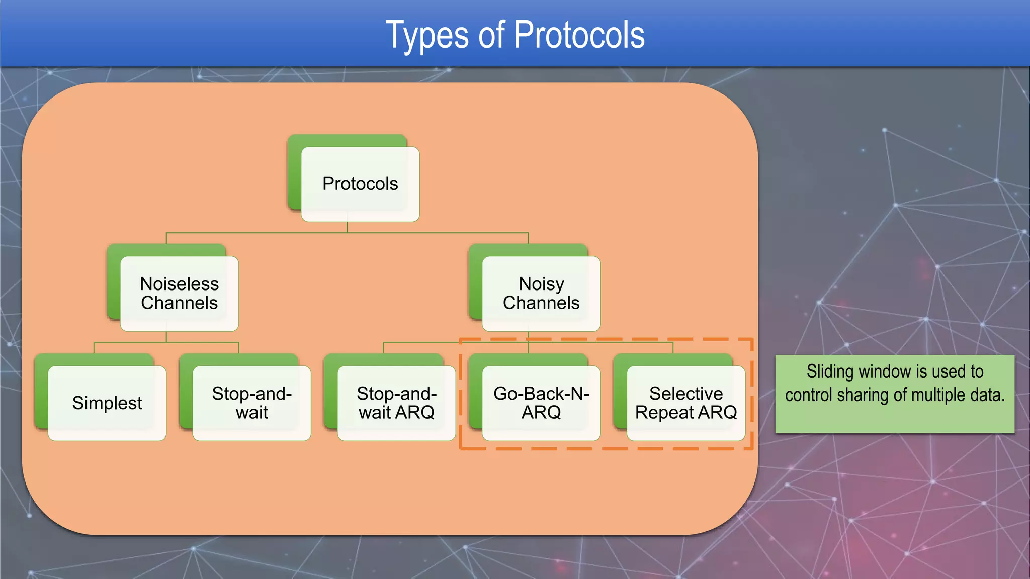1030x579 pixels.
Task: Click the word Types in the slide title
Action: pos(426,35)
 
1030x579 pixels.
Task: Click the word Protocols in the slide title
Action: pos(579,35)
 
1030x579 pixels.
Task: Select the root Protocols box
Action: pos(360,184)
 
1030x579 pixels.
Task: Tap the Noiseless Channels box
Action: pos(179,294)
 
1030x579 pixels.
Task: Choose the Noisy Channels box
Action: pos(541,294)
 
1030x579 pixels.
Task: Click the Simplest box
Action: pos(107,403)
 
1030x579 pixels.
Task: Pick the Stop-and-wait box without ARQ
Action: pos(251,403)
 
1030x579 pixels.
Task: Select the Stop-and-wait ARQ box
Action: pos(396,403)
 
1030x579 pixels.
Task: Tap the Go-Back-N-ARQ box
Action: pos(541,403)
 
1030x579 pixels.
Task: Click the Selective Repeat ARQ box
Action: pos(686,403)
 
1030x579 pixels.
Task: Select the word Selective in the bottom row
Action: pos(686,394)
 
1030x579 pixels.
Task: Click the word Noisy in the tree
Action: pos(541,284)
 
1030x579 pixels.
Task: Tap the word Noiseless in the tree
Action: pos(179,284)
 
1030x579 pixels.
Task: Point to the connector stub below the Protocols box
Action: pos(347,227)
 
